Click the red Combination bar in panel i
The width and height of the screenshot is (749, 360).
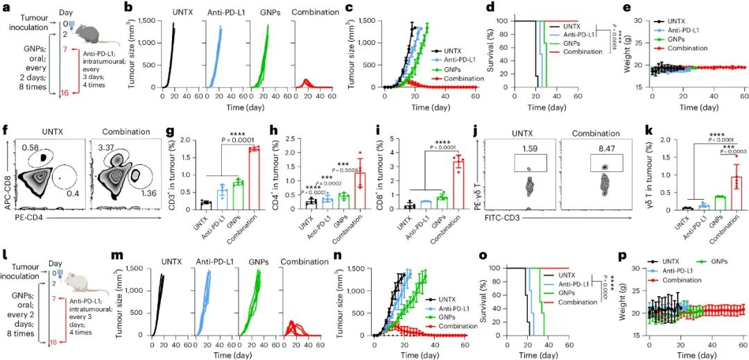458,185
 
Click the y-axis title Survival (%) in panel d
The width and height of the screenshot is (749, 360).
491,56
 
